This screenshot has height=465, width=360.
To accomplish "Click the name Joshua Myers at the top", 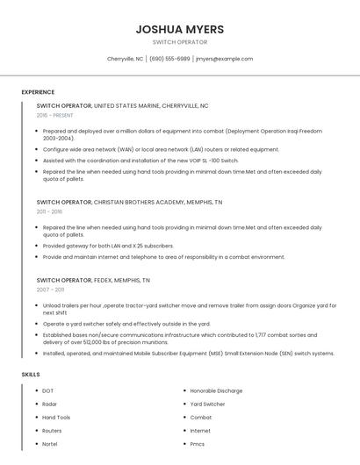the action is (x=179, y=29).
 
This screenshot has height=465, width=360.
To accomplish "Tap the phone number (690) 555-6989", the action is (x=169, y=59).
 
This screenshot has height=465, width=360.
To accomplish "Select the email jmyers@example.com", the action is (x=224, y=59).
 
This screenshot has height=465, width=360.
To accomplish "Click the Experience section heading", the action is (x=38, y=92).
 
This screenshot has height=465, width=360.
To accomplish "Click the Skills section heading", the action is (x=31, y=375).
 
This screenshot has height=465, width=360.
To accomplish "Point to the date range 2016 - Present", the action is (x=54, y=115).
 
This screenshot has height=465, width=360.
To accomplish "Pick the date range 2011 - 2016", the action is (x=49, y=211).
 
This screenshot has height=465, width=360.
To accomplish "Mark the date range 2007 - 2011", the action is (x=50, y=290).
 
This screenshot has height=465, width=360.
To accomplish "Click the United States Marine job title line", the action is (x=122, y=105).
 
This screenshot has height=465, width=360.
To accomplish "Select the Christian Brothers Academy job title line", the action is (x=129, y=202).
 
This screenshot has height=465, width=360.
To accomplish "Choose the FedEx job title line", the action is (x=93, y=280).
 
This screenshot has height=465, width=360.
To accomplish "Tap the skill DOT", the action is (x=48, y=390).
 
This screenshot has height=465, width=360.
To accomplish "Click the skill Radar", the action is (x=50, y=404).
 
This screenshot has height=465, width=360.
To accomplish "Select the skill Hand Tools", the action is (x=56, y=417).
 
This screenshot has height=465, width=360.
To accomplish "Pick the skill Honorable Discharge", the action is (x=216, y=390).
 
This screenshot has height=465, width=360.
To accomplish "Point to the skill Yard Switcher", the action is (x=207, y=404).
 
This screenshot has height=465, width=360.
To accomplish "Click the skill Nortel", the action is (x=50, y=444).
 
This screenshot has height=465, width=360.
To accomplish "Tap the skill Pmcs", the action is (x=198, y=444).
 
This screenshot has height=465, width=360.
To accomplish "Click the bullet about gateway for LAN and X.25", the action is (x=109, y=246).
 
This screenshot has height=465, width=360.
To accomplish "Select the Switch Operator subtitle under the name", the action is (x=179, y=42).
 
